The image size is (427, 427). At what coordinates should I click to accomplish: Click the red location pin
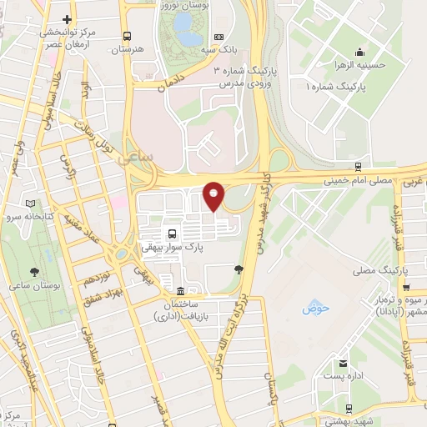click(x=214, y=195)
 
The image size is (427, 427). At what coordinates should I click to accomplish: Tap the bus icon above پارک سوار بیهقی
click(x=172, y=234)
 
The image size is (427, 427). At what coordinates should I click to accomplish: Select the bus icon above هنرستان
click(x=127, y=36)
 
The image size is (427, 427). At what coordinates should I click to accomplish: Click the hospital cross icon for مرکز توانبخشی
click(x=67, y=18)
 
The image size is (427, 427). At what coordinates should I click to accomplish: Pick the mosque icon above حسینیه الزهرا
click(x=359, y=51)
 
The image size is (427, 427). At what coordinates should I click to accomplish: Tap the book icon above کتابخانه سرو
click(x=31, y=203)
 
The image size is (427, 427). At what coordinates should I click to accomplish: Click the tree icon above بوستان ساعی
click(x=34, y=273)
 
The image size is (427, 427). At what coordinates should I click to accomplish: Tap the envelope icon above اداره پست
click(x=343, y=363)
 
